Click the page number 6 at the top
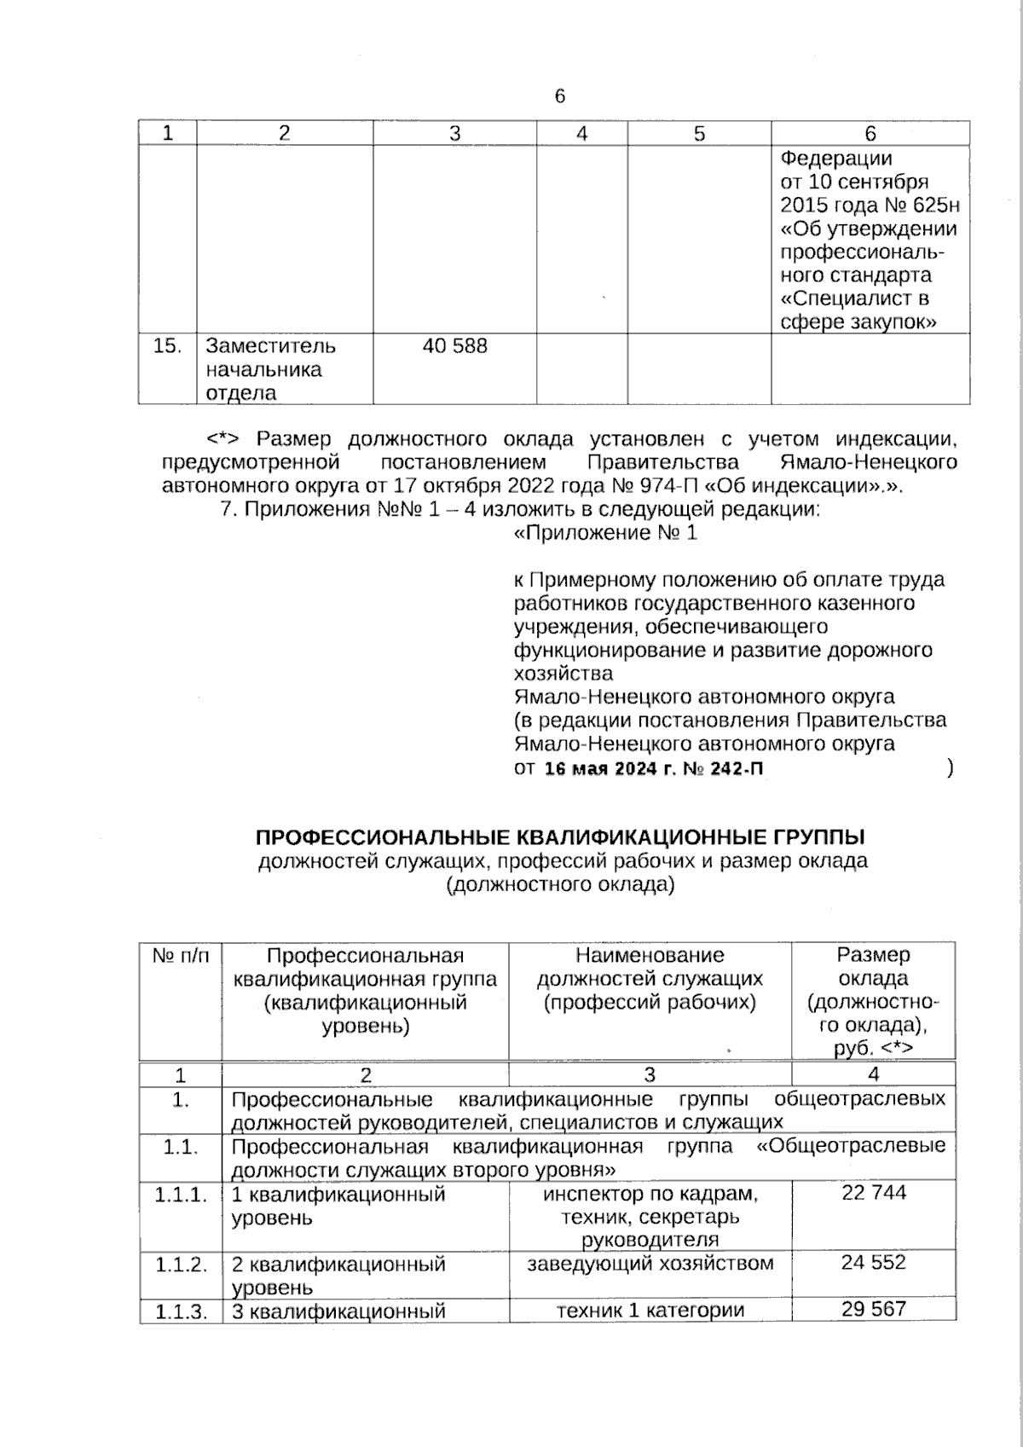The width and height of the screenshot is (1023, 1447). click(560, 96)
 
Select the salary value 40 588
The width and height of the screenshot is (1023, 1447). click(455, 345)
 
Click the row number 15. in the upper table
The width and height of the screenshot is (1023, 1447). click(168, 345)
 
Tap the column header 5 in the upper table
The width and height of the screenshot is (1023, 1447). click(699, 133)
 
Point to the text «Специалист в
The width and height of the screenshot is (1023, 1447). click(855, 298)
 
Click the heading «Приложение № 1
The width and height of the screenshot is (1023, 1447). click(606, 533)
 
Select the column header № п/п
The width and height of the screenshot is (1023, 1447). click(180, 956)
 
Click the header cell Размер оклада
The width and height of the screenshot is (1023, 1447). click(873, 966)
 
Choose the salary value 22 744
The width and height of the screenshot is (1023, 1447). click(874, 1193)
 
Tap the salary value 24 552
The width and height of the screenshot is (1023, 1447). click(873, 1262)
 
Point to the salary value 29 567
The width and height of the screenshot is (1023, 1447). click(874, 1309)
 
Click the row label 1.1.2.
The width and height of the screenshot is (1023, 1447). click(181, 1264)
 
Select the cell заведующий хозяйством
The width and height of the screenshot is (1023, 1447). click(650, 1263)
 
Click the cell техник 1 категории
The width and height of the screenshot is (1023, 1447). click(650, 1310)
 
